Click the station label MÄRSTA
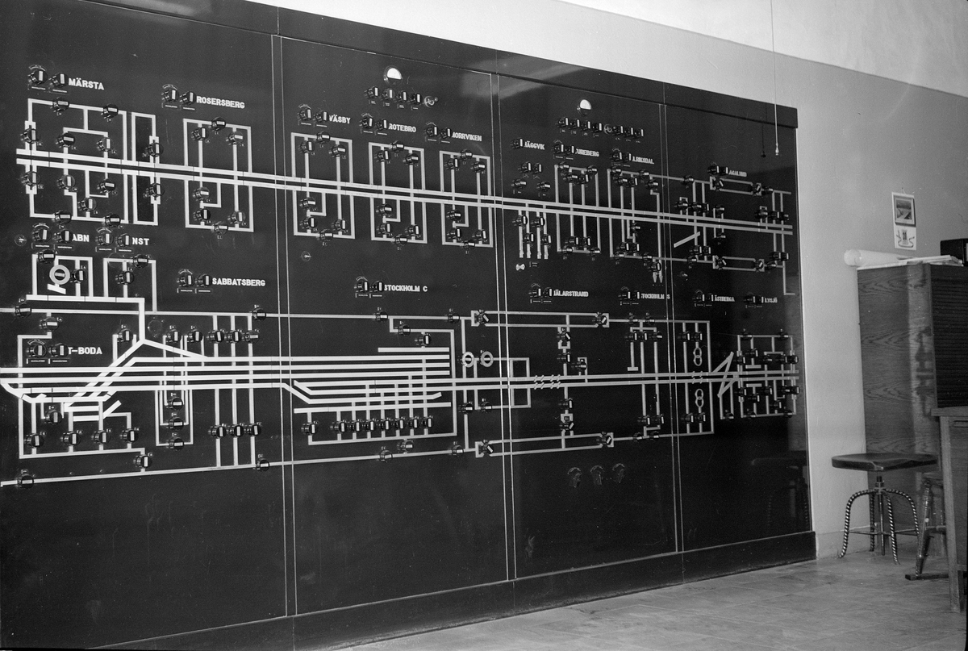click(x=86, y=84)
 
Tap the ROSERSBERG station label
click(x=220, y=103)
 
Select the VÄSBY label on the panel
click(x=338, y=119)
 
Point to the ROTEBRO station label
click(x=402, y=127)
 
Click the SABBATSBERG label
click(x=238, y=282)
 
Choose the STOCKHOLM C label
click(x=406, y=287)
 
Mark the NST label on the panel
click(x=140, y=241)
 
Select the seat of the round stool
click(x=883, y=461)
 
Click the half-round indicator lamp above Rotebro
click(x=394, y=74)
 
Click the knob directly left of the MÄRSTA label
click(x=58, y=81)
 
